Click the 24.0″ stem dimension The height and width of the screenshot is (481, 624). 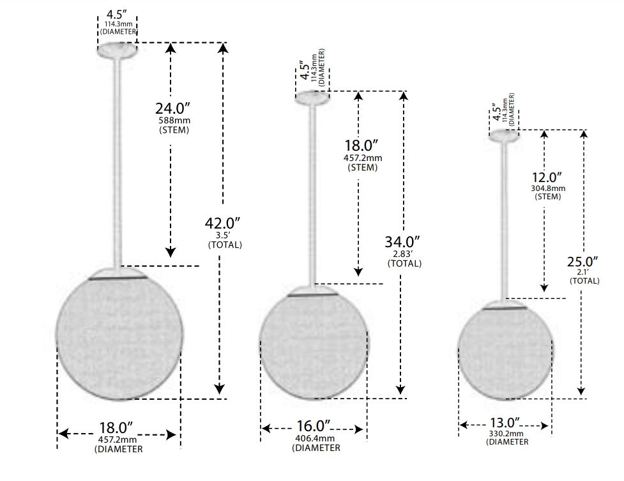click(x=172, y=109)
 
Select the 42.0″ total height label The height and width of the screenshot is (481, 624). click(x=223, y=224)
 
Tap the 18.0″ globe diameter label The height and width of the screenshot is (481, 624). click(x=116, y=428)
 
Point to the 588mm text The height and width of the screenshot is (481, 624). click(x=174, y=120)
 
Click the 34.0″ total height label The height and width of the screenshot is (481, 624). click(x=402, y=242)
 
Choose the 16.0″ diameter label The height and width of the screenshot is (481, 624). click(x=314, y=426)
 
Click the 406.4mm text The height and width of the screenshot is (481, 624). click(x=315, y=438)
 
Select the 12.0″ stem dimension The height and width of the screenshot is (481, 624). click(x=547, y=178)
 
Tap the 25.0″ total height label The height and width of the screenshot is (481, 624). click(x=582, y=262)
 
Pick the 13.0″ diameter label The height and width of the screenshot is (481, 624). click(x=505, y=422)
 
